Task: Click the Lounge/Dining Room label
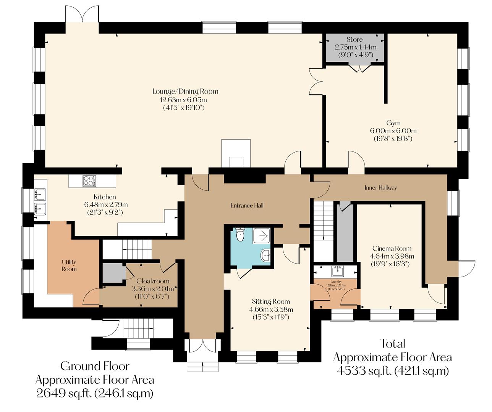point(185,91)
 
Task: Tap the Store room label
point(354,39)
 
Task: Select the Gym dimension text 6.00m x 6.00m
point(393,131)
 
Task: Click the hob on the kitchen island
point(89,181)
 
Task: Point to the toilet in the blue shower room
point(240,235)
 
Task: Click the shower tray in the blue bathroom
point(262,236)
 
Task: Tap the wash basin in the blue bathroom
point(265,256)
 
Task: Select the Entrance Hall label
point(247,206)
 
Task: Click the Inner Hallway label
point(380,188)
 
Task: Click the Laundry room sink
point(336,271)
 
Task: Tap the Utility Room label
point(69,266)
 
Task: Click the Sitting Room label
point(271,301)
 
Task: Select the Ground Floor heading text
point(95,366)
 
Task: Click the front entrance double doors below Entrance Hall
point(202,346)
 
